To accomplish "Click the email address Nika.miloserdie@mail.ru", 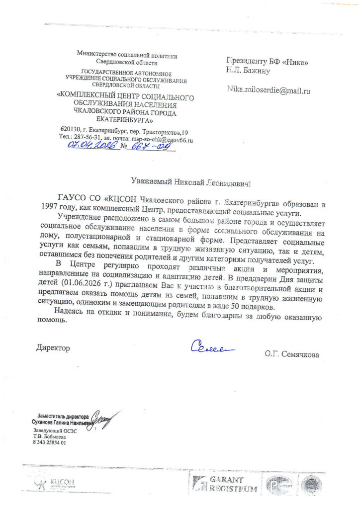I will point(269,90).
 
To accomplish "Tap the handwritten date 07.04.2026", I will point(92,145).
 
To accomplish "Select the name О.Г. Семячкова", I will point(292,354).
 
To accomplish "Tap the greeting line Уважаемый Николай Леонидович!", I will point(191,182).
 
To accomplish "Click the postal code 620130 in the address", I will point(69,131).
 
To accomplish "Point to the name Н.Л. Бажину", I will point(249,71).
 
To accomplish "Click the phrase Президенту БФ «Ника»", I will point(268,62).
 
